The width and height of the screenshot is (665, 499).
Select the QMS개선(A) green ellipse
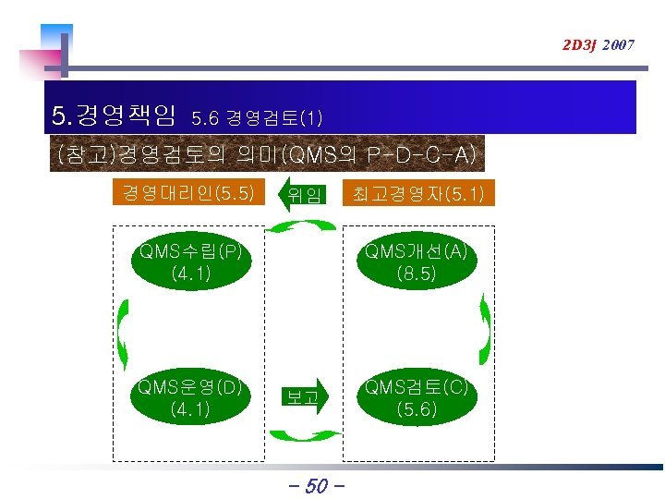tap(416, 262)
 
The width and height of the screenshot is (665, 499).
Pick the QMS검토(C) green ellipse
tap(416, 397)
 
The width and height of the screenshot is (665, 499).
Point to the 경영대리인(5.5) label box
tap(189, 193)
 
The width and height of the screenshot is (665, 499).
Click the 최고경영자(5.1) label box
tap(417, 194)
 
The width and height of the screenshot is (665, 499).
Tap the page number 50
tap(316, 484)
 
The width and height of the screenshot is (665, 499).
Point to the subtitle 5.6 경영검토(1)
tap(256, 118)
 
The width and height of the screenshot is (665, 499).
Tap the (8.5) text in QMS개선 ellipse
tap(416, 274)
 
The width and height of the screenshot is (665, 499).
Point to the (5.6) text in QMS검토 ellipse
tap(416, 409)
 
